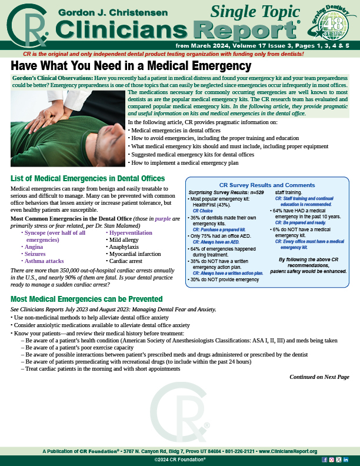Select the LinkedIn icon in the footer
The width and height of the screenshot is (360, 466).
click(x=346, y=459)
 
